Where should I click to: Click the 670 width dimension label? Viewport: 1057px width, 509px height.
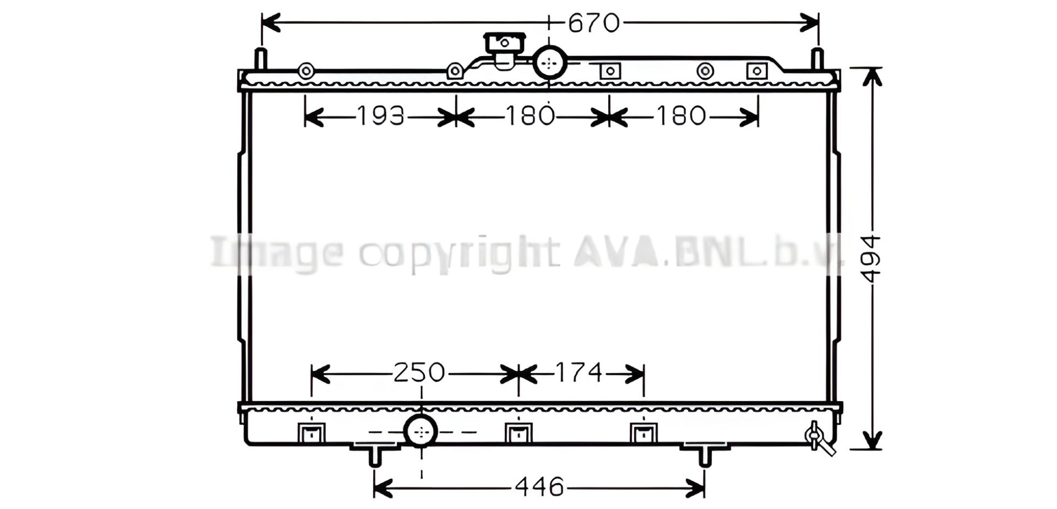click(x=594, y=23)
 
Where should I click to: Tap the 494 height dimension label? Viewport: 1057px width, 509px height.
click(x=871, y=259)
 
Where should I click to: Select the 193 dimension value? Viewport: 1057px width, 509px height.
click(x=381, y=116)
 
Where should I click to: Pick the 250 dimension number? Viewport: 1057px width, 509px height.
click(x=419, y=373)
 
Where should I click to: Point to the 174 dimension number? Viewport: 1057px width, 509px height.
click(x=579, y=373)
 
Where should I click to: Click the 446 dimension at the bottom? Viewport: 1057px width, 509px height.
click(x=540, y=487)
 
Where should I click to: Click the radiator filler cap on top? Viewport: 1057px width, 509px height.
click(x=504, y=50)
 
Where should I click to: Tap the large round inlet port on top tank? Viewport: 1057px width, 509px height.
click(x=549, y=63)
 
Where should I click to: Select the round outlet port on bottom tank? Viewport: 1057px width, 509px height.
click(x=421, y=431)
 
